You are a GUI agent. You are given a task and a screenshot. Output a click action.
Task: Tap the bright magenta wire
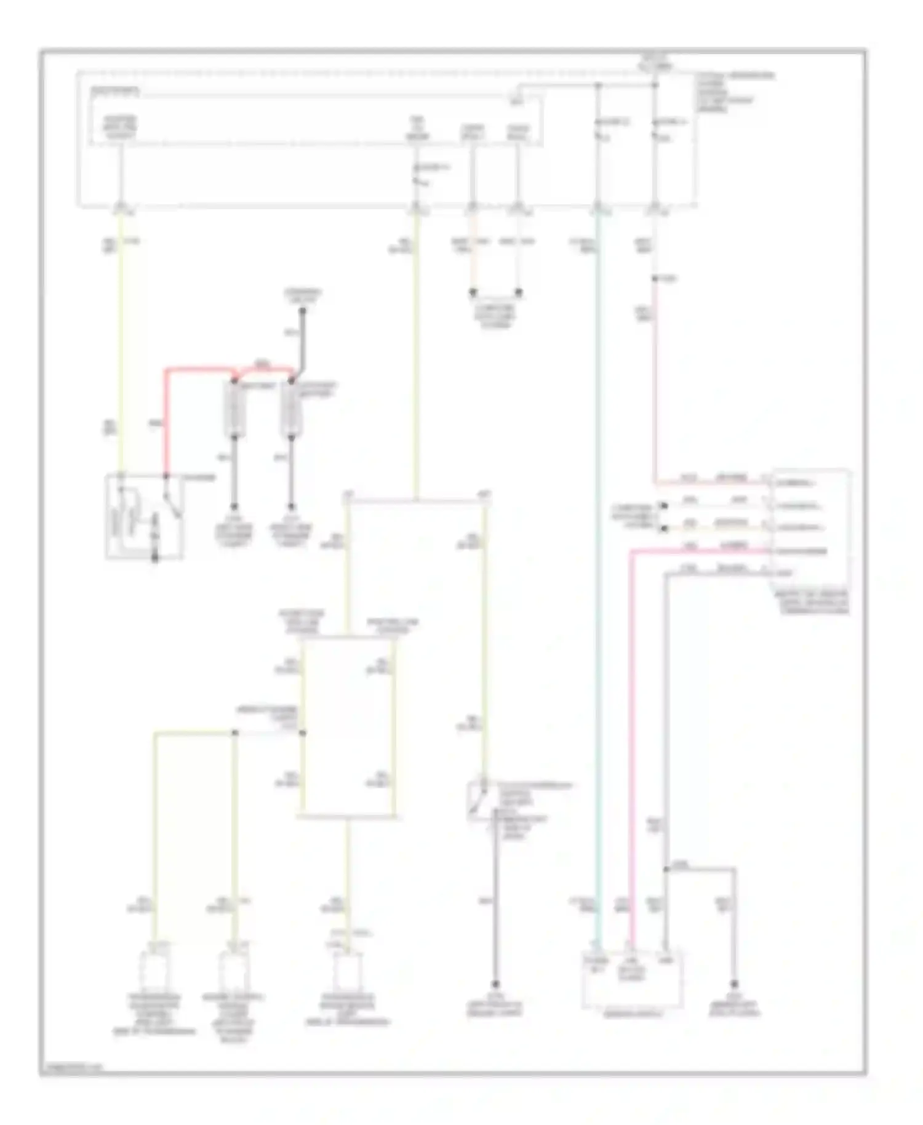coord(631,739)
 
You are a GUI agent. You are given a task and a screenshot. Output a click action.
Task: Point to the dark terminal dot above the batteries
coord(303,310)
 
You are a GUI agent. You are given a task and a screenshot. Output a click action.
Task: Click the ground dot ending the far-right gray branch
coord(734,983)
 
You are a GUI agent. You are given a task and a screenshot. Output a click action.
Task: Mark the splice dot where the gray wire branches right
coord(666,870)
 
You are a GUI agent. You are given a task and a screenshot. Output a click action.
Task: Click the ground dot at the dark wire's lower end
coord(495,984)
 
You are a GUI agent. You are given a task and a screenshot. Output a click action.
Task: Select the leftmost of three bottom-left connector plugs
coord(154,969)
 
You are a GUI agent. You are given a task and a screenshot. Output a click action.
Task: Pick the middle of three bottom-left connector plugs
coord(233,969)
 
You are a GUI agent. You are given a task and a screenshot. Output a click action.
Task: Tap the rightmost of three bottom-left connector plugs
coord(347,969)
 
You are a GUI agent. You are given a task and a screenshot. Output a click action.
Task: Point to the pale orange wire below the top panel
coord(473,258)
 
